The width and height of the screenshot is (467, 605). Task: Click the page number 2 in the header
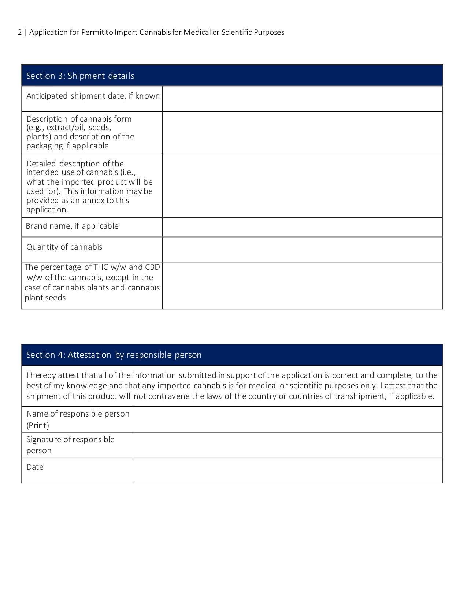19,32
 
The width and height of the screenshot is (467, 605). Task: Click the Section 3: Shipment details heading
80,76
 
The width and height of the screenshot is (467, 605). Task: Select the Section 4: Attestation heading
114,355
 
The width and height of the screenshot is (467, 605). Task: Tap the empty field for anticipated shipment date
302,99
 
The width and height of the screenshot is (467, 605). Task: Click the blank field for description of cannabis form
302,133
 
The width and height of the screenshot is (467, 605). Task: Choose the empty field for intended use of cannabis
302,186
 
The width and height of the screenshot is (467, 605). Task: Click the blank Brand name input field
302,227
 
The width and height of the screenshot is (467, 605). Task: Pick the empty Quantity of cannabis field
302,250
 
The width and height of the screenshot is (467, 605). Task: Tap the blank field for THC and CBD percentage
302,286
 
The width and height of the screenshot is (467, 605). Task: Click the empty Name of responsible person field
288,419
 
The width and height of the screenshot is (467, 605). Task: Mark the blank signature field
288,445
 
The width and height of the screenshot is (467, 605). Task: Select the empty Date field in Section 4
288,470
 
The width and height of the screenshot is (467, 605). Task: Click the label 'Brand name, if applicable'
72,226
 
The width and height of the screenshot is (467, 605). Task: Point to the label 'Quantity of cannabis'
64,247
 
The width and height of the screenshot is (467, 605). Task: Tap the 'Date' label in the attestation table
35,467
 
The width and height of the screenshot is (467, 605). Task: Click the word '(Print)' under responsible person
38,425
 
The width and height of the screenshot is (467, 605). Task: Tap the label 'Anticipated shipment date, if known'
93,96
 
